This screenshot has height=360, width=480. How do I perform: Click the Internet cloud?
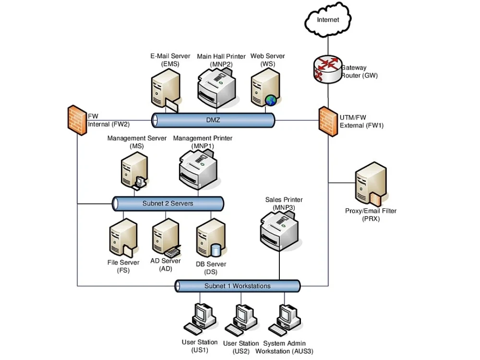328,20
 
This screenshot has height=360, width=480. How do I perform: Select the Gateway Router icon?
327,69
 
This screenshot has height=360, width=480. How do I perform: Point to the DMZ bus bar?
213,120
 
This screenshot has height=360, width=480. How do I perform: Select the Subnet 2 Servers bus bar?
168,204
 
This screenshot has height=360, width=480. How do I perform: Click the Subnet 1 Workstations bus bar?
238,286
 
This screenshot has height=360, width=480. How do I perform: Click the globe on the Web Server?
271,100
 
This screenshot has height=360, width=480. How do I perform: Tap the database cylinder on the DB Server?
216,250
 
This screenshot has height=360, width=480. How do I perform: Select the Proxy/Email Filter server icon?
370,184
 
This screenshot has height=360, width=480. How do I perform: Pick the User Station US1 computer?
199,319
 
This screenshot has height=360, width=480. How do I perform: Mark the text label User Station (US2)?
241,348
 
